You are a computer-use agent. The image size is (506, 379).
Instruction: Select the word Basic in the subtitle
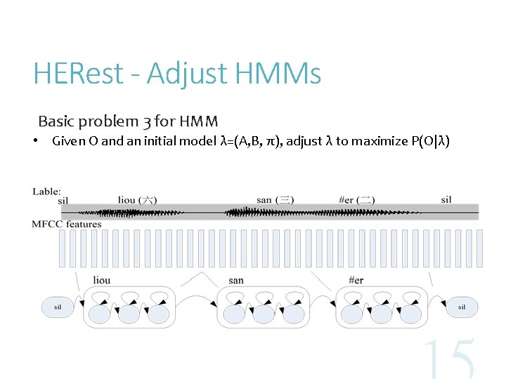point(56,121)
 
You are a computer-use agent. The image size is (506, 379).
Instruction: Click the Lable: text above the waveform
point(46,191)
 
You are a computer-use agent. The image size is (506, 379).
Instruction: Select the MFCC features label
point(67,224)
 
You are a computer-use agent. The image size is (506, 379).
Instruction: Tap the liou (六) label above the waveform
point(137,200)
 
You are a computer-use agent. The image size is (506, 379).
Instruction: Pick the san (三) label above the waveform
point(275,200)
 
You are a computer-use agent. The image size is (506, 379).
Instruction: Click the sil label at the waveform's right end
point(446,200)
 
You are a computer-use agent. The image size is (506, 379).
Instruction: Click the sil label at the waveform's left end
point(63,201)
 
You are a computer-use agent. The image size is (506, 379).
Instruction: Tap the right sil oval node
point(461,307)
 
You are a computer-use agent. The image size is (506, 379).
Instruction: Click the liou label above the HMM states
point(101,281)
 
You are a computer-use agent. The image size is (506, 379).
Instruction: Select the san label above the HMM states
point(236,281)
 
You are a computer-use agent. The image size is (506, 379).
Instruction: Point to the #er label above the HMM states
point(356,281)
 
